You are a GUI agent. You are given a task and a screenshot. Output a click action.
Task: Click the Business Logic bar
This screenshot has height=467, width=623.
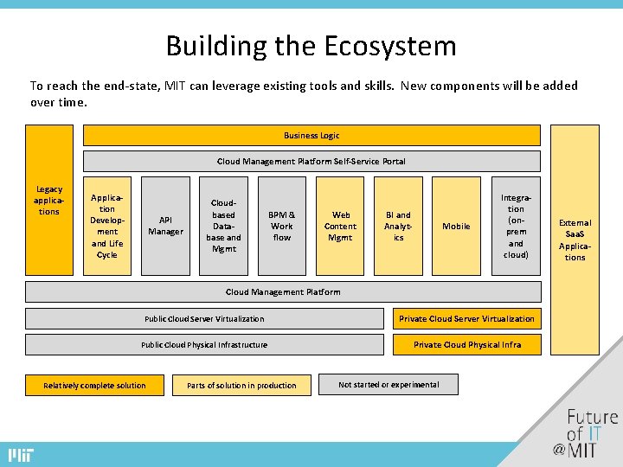[x=311, y=135]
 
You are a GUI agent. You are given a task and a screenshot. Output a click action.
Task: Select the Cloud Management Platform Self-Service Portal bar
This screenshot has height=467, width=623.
[x=311, y=161]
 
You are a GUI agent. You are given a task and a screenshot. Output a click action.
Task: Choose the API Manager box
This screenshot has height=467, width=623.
[x=165, y=226]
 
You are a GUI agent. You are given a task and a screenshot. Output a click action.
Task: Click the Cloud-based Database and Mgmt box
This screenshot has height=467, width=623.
[x=223, y=226]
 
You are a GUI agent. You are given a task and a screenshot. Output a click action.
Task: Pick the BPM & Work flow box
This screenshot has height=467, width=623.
[x=281, y=226]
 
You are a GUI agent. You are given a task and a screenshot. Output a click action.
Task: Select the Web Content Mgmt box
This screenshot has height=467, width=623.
[x=340, y=226]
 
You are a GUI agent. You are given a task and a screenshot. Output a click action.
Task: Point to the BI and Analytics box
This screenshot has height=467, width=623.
[x=398, y=226]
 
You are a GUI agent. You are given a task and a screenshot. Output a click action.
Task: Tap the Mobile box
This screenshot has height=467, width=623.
[x=456, y=226]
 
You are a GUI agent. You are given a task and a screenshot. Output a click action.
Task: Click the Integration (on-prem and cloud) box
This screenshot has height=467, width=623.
[x=516, y=226]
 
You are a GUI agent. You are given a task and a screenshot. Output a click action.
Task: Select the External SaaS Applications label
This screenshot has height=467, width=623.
[x=575, y=240]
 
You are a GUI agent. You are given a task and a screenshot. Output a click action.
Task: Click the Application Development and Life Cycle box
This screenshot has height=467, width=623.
[x=107, y=226]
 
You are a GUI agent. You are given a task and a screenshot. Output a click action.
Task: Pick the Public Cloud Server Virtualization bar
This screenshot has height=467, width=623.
[x=204, y=318]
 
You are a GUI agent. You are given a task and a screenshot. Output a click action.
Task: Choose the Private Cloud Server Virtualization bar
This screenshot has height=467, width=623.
[x=466, y=318]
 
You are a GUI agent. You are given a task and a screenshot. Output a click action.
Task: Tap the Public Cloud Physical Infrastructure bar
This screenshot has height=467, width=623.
[x=204, y=344]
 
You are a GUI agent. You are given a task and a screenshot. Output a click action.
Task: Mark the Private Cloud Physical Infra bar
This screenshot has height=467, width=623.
[x=466, y=344]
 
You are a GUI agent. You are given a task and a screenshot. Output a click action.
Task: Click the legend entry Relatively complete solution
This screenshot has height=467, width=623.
[x=94, y=385]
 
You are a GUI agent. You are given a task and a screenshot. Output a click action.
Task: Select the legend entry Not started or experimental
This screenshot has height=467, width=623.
[x=389, y=384]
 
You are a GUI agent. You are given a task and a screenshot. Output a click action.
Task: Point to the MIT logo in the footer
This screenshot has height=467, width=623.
[x=20, y=455]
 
